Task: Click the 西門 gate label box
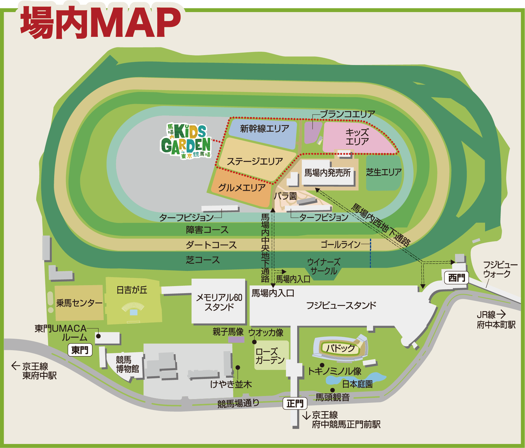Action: tap(457, 278)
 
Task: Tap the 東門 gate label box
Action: tap(80, 350)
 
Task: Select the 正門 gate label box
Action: tap(295, 403)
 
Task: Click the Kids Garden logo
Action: tap(186, 141)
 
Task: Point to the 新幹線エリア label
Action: tap(264, 128)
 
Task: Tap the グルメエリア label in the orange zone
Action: tap(242, 188)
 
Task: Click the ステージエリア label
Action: tap(255, 161)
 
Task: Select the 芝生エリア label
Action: tap(384, 172)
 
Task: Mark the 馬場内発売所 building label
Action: tap(328, 173)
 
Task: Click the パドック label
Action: tap(340, 348)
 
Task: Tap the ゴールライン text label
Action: tap(341, 245)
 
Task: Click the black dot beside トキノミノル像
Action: tap(322, 365)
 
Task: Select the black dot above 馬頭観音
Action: tap(332, 390)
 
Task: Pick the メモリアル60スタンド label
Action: tap(219, 302)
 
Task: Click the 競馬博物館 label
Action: tap(127, 364)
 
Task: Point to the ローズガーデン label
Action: tap(270, 356)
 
